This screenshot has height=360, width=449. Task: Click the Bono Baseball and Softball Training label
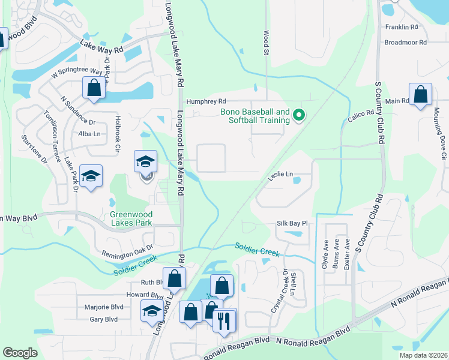[x=255, y=116]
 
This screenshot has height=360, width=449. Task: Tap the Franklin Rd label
[x=402, y=27]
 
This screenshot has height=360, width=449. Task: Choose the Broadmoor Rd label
[x=405, y=43]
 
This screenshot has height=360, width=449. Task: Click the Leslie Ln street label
[x=280, y=175]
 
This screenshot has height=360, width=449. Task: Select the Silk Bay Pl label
[x=292, y=223]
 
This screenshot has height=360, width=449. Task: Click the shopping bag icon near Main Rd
[x=421, y=95]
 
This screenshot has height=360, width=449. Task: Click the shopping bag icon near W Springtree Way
[x=95, y=88]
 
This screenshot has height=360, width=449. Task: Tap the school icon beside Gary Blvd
[x=151, y=311]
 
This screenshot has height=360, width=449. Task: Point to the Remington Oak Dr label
[x=127, y=250]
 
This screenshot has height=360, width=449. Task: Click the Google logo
[x=20, y=353]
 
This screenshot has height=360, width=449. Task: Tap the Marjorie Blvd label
[x=101, y=307]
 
